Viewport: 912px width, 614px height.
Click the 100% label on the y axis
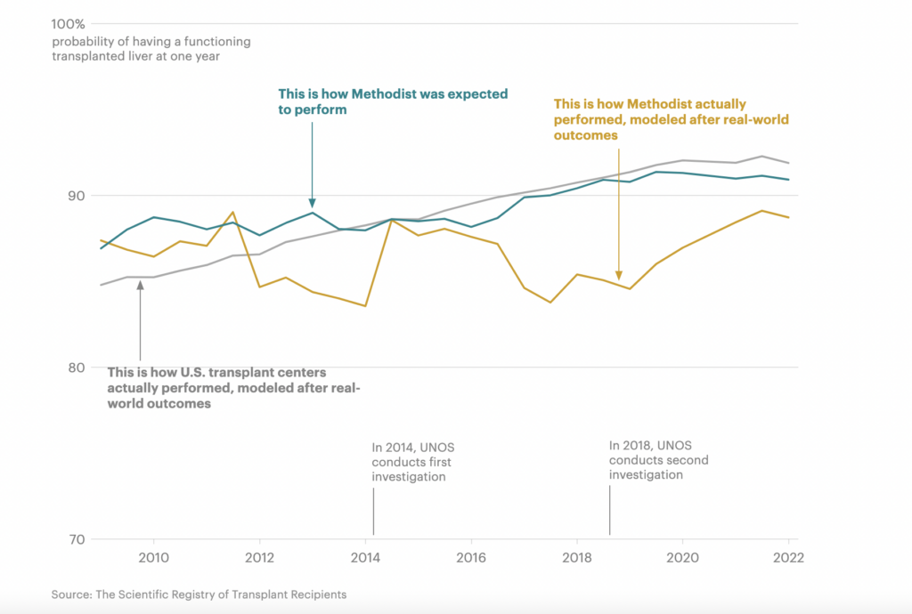69,23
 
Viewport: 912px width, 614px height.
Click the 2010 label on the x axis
154,558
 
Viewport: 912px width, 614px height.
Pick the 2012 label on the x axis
259,558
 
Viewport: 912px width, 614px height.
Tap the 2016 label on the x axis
470,558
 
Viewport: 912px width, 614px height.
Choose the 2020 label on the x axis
682,558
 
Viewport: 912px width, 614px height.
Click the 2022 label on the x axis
788,558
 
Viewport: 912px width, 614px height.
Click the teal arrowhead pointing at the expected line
313,202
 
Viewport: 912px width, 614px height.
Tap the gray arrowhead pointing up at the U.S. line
140,284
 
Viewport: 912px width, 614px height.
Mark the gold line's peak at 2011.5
232,212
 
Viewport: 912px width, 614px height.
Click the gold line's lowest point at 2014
365,306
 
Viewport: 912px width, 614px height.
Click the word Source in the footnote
69,594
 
